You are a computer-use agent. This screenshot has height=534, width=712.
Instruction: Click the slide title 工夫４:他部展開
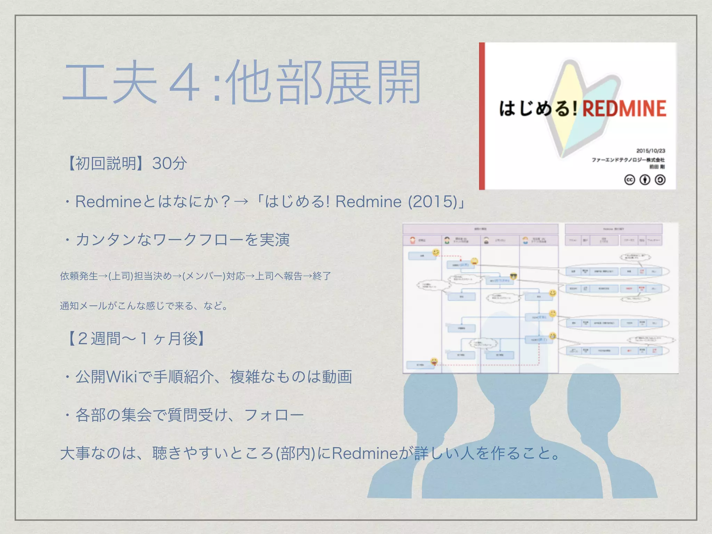(x=242, y=83)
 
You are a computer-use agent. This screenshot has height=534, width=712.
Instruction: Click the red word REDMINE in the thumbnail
(x=624, y=108)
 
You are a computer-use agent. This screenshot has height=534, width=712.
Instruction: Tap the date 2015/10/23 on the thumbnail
(x=650, y=151)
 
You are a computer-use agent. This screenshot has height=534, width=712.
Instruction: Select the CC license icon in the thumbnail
(x=630, y=180)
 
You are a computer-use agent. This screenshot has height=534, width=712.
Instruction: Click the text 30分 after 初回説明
(x=170, y=163)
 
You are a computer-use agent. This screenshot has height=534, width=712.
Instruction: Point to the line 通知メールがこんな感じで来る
(x=144, y=306)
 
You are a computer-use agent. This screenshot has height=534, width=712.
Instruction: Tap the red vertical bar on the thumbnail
(x=482, y=116)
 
